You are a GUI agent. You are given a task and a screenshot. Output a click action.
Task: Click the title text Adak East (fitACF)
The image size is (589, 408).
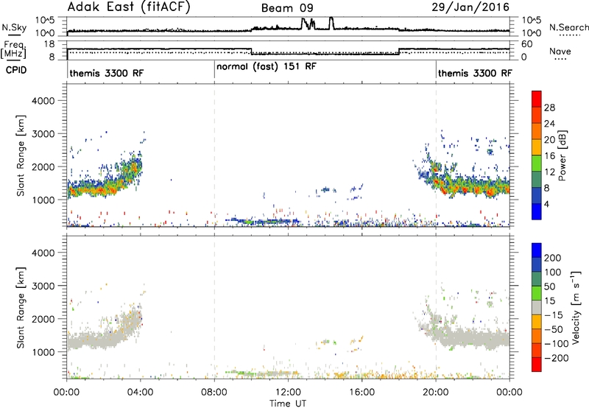[x=129, y=7]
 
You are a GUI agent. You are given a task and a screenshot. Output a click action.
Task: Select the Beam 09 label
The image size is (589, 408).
[x=287, y=8]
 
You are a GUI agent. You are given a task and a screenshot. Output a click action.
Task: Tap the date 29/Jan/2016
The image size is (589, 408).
[x=470, y=7]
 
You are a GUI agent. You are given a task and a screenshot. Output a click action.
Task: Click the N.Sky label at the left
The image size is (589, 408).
[x=14, y=27]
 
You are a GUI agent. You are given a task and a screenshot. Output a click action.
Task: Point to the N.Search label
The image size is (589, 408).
[x=569, y=27]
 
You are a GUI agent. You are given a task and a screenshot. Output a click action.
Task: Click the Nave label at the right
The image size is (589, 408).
[x=560, y=51]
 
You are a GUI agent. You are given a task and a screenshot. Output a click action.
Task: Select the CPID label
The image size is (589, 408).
[x=16, y=70]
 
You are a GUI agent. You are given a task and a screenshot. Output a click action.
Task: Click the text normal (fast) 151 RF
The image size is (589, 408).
[x=267, y=67]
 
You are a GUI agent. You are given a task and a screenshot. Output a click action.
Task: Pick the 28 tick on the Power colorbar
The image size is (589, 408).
[x=549, y=108]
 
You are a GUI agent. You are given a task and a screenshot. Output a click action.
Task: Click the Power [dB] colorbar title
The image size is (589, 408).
[x=562, y=155]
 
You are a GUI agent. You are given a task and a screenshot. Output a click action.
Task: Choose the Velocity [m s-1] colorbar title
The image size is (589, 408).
[x=576, y=307]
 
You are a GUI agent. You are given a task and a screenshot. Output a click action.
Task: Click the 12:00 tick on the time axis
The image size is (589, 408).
[x=288, y=393]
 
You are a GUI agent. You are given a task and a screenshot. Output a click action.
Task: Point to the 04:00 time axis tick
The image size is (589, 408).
[x=140, y=393]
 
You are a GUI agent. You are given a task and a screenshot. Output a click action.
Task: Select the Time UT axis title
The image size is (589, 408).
[x=288, y=404]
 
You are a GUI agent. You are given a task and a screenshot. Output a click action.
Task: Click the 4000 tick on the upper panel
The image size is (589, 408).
[x=43, y=101]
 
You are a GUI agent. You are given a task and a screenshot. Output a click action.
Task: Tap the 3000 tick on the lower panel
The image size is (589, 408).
[x=43, y=286]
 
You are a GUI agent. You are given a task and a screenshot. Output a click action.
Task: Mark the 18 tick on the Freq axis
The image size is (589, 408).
[x=49, y=44]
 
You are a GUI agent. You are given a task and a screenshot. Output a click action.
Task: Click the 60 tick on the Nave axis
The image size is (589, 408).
[x=527, y=44]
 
